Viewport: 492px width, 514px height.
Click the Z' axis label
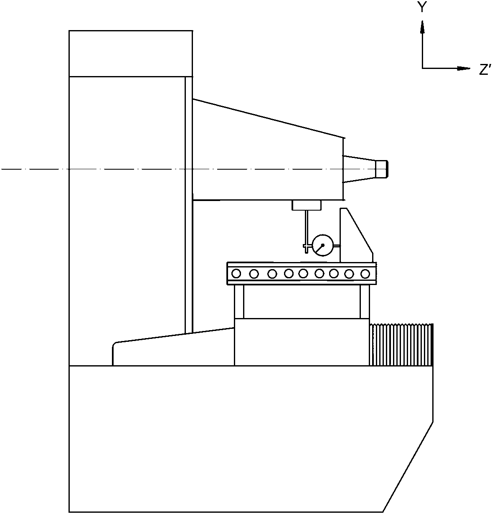(x=485, y=70)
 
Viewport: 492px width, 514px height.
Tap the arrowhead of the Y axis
(x=422, y=27)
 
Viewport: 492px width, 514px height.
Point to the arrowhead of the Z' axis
(x=464, y=69)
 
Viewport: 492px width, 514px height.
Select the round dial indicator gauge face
(x=323, y=245)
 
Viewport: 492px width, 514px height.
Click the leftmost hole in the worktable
(x=236, y=274)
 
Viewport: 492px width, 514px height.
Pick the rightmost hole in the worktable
(x=365, y=274)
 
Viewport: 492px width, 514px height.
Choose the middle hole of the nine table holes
(x=303, y=273)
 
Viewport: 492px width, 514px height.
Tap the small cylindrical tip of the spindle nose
(x=382, y=169)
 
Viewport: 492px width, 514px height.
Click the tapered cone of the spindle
(x=359, y=169)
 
